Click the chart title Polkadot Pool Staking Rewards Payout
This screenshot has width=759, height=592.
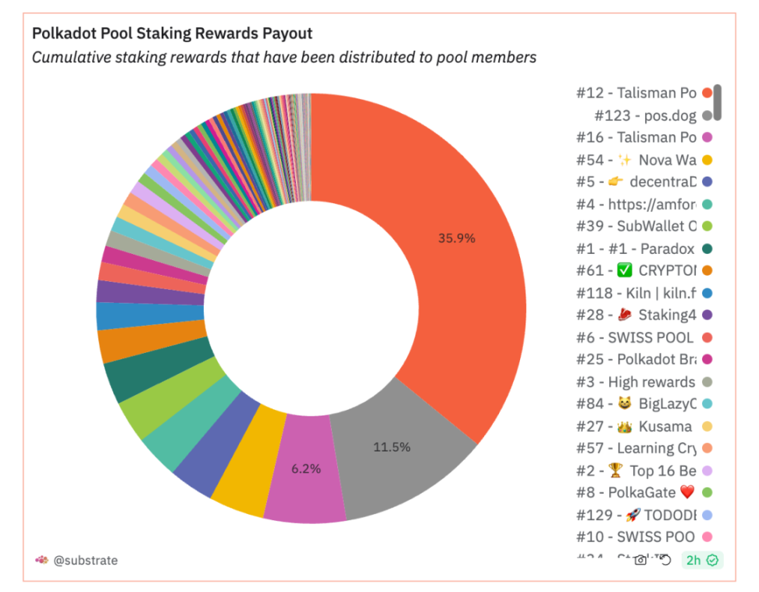pos(172,34)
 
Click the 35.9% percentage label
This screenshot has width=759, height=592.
pos(457,238)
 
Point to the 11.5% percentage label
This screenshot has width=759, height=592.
pos(391,448)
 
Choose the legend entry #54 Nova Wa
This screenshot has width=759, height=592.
pos(636,160)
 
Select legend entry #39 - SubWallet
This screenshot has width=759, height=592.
pos(636,226)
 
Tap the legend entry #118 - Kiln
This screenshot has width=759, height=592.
pos(636,293)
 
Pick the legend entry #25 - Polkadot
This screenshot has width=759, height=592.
pos(636,359)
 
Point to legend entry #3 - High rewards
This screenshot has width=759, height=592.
pos(636,382)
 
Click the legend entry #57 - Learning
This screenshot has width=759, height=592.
pos(636,448)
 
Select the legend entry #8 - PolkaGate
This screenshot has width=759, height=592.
pos(636,492)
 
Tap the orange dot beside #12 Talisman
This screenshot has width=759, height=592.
pos(707,93)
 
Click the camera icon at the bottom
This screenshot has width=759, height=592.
pos(640,560)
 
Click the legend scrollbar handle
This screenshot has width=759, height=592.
pos(718,102)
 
